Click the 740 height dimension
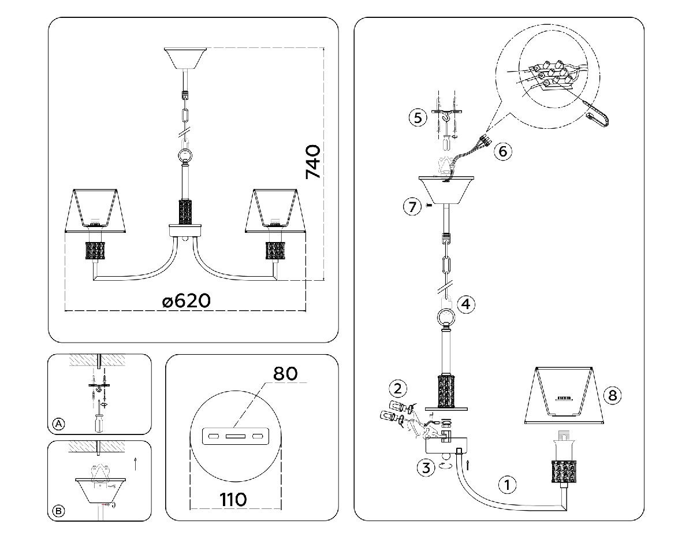314,162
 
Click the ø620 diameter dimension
187,300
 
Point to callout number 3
426,467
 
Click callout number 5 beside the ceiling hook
418,118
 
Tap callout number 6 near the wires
502,151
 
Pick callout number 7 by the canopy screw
412,207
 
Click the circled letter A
58,423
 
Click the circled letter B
58,511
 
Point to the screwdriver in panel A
99,416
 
